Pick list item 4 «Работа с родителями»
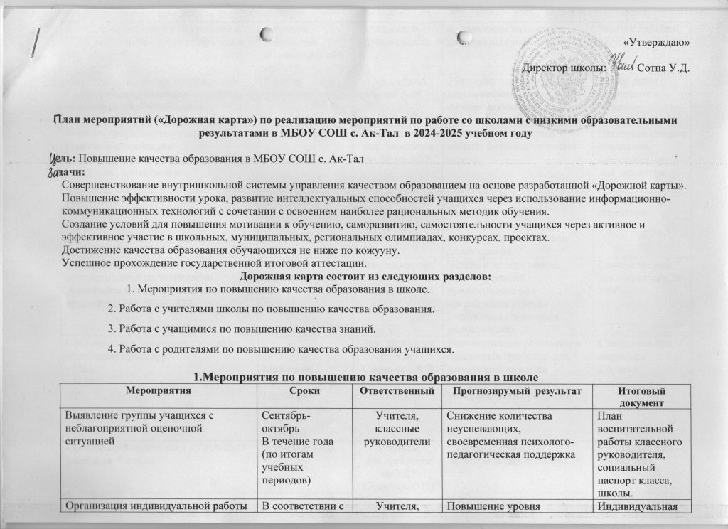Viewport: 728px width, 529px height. coord(279,349)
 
